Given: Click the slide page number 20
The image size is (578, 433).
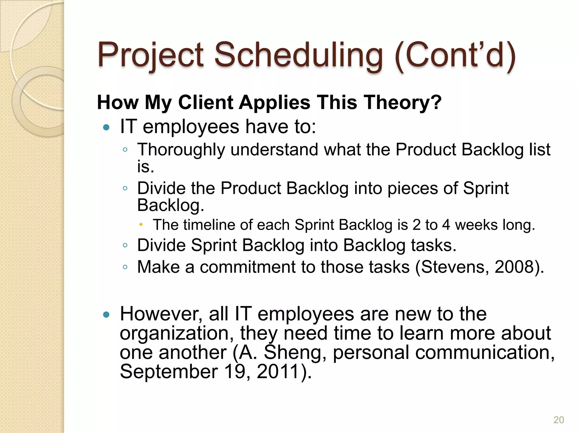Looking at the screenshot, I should tap(559, 420).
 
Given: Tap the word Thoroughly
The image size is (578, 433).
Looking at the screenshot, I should tap(181, 150).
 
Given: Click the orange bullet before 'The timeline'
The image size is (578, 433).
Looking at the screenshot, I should tap(141, 225).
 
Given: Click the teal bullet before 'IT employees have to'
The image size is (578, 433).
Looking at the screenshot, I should tap(106, 127).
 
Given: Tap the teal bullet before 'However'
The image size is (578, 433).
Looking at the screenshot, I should tap(106, 314).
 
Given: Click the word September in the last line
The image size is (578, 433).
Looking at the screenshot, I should tap(169, 372).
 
